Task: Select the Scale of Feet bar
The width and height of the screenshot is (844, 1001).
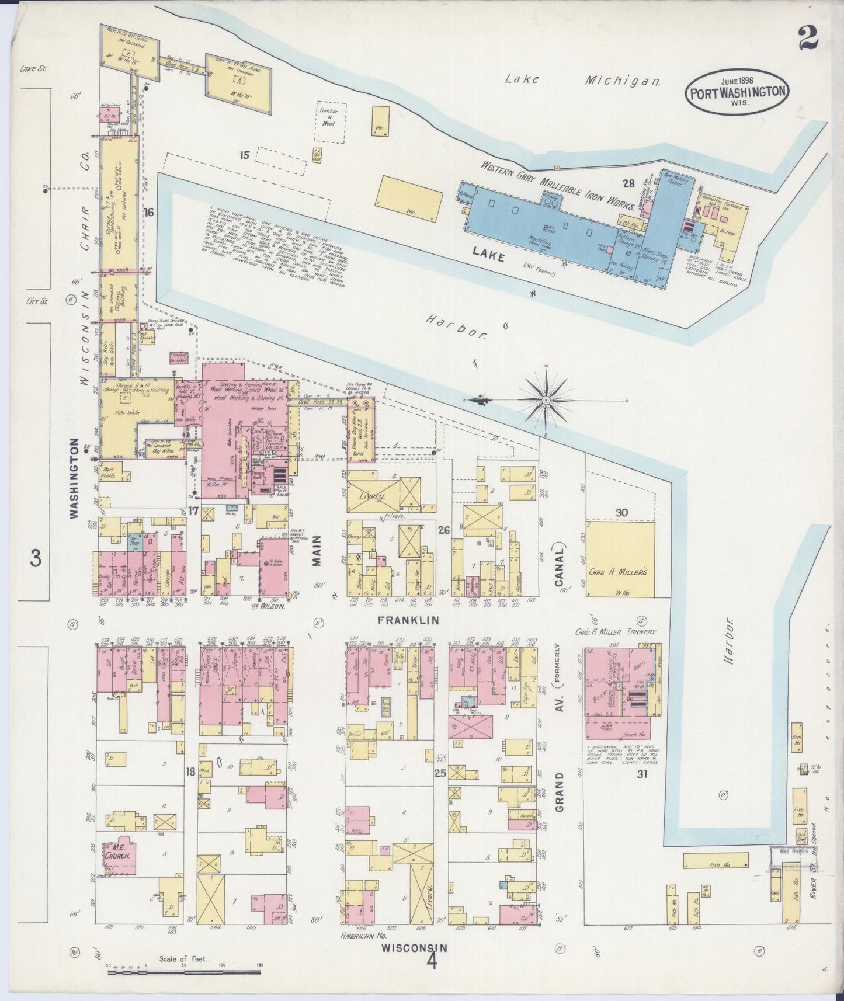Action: tap(184, 972)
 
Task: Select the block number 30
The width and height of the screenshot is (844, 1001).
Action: tap(621, 513)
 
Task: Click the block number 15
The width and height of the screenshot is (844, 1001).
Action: tap(244, 155)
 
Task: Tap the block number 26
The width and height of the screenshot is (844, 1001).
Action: tap(444, 530)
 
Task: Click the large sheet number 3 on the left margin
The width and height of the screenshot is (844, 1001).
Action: tap(36, 559)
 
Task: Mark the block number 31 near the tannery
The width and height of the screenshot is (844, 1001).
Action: tap(642, 774)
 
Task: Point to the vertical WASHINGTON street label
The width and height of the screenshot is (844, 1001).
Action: tap(74, 478)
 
